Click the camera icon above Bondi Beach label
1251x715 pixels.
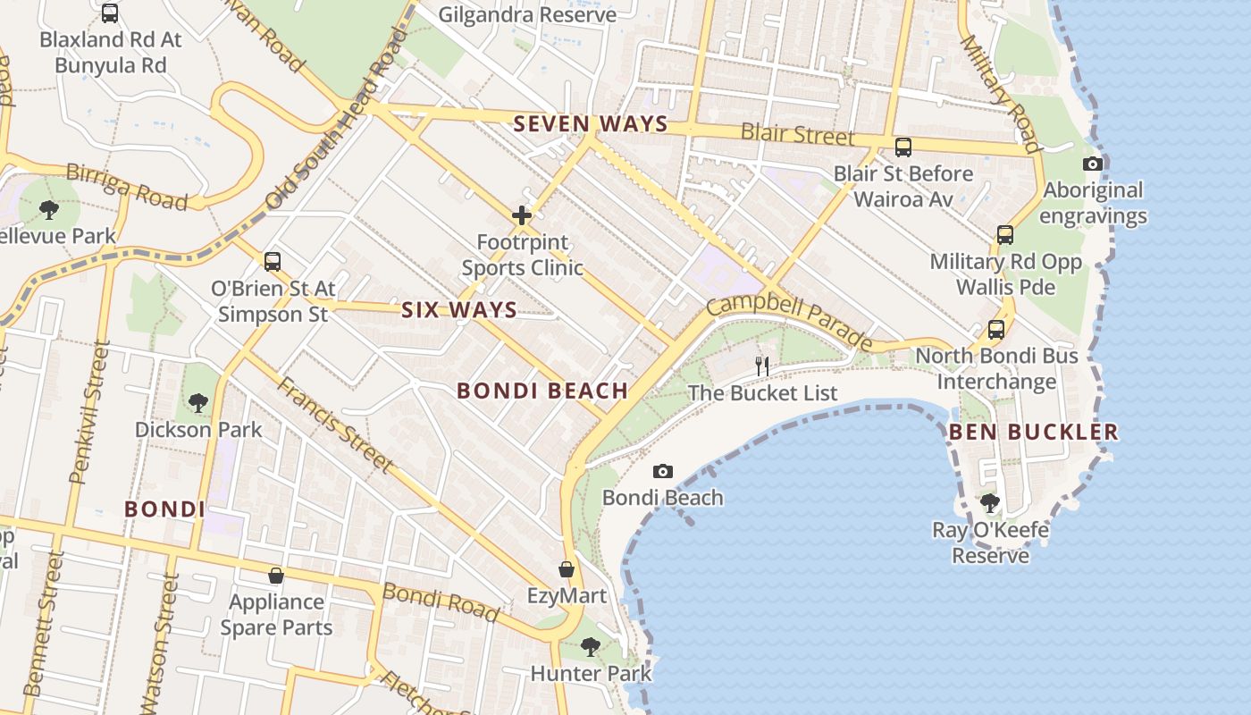[662, 471]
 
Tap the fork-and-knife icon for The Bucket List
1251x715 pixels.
[762, 366]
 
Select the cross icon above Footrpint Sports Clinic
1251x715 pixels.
[522, 215]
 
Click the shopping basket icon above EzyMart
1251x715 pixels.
[566, 569]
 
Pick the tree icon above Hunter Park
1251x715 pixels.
[590, 646]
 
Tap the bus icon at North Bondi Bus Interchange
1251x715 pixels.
[996, 330]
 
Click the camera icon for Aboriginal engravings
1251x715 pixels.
[1092, 164]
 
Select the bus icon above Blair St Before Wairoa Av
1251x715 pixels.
[903, 147]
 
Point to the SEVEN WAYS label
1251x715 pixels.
[591, 124]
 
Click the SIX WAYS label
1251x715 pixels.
[459, 310]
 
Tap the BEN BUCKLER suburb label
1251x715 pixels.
[1033, 433]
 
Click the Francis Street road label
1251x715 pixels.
[334, 425]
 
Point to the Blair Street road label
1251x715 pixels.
[797, 135]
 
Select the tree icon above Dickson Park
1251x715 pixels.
[198, 403]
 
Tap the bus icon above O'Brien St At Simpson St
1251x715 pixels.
[273, 262]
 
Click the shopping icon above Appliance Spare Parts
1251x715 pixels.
[276, 576]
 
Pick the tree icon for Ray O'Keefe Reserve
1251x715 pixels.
[989, 503]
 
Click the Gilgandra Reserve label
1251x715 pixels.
[527, 15]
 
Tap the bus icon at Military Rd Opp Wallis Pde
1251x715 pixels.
[1005, 235]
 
